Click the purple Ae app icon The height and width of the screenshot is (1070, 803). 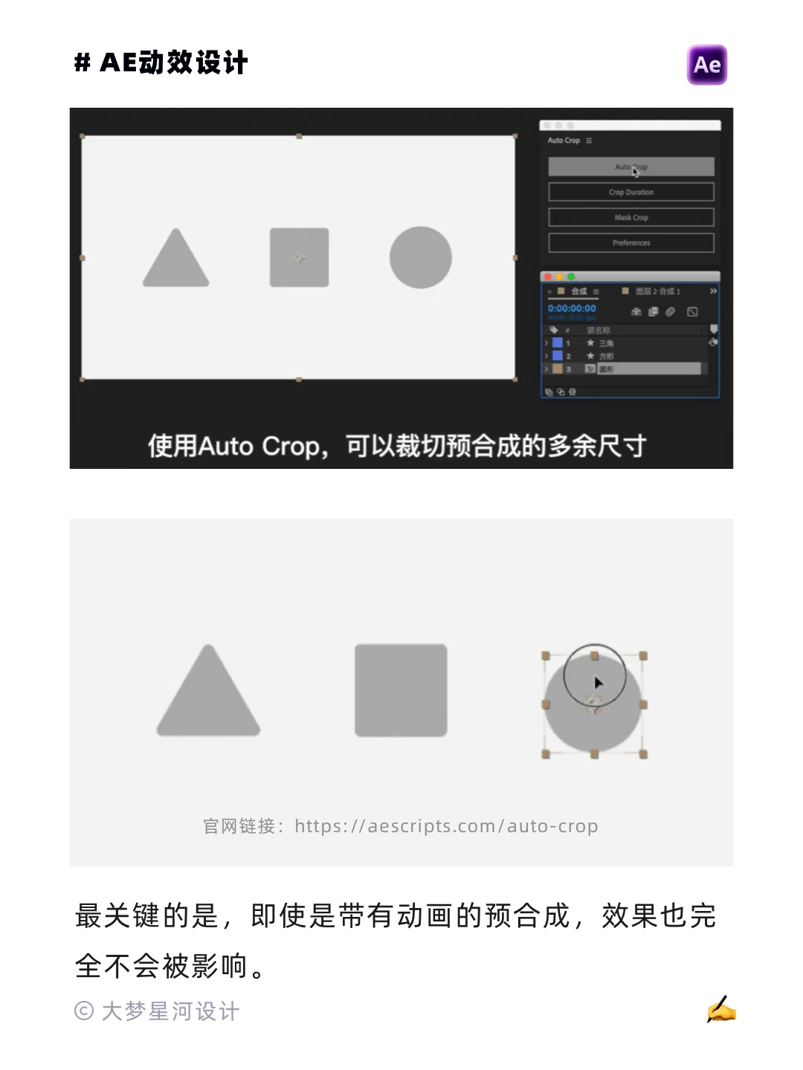[706, 65]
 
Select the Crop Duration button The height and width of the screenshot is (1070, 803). [631, 192]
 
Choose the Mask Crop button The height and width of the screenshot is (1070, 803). [631, 217]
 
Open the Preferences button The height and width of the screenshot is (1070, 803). [631, 242]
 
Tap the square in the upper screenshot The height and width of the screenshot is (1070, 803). [299, 257]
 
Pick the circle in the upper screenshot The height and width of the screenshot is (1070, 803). [421, 257]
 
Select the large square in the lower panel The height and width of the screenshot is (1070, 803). [401, 690]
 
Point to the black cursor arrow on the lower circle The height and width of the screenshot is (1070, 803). [598, 683]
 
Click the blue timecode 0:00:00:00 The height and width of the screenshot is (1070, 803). [572, 308]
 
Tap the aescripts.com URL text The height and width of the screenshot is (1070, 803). [446, 826]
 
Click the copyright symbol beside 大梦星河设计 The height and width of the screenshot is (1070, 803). [83, 1011]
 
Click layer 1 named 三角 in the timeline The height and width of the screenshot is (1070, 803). [606, 343]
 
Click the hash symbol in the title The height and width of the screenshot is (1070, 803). [82, 62]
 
